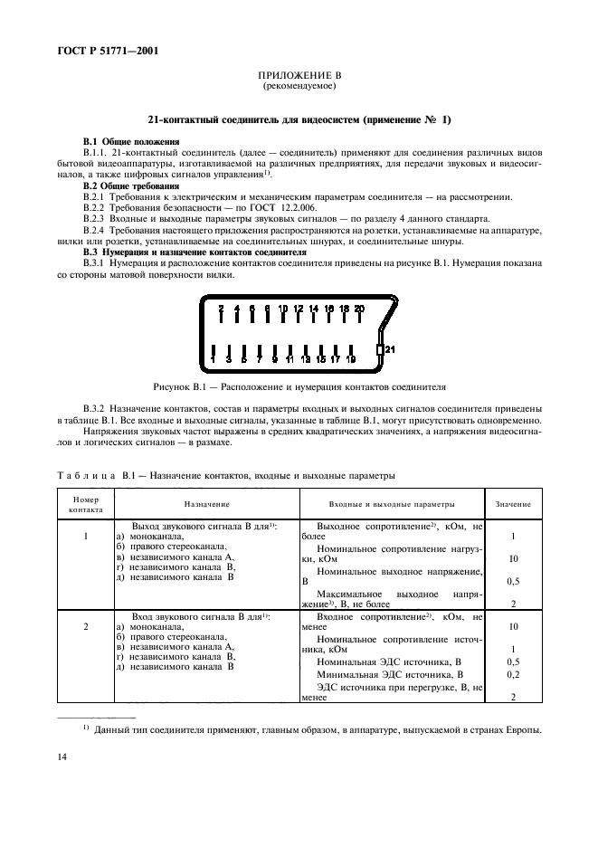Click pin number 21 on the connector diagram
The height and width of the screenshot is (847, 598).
[x=390, y=348]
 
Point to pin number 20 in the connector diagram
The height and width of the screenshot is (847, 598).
[x=359, y=309]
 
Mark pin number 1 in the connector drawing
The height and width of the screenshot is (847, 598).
[x=213, y=359]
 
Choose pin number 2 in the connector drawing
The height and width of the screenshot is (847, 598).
[x=221, y=309]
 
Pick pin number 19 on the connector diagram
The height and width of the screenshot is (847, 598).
[x=351, y=359]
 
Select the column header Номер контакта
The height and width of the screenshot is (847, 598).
[x=86, y=504]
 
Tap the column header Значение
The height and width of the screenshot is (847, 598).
[x=513, y=504]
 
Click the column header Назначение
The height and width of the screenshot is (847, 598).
[x=207, y=504]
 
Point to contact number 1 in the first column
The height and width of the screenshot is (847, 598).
[x=86, y=536]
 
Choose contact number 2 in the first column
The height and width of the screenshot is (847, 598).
[x=86, y=625]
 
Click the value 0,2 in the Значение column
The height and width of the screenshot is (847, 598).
[x=513, y=674]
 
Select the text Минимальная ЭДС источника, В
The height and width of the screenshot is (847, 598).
[x=390, y=674]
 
